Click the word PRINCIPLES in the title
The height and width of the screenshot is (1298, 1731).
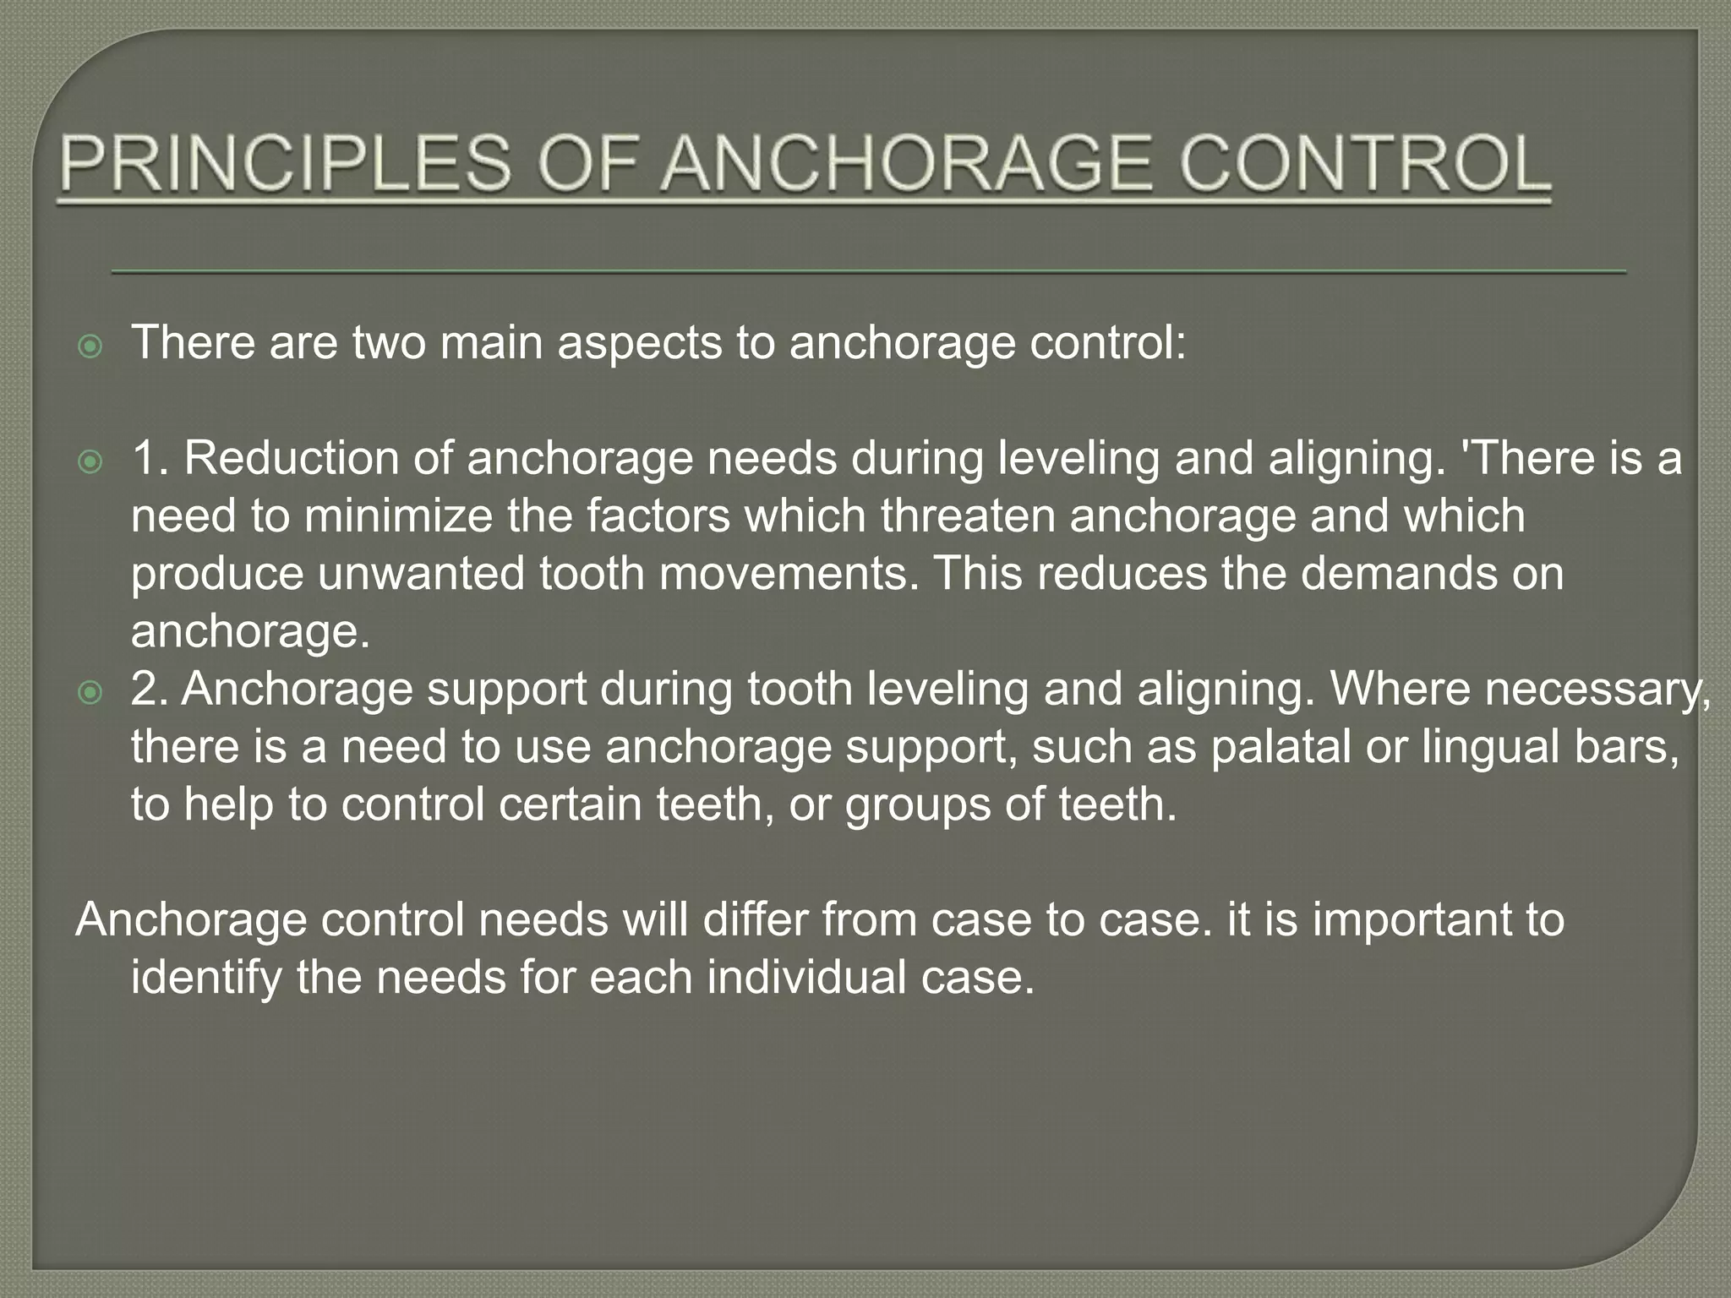tap(286, 165)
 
